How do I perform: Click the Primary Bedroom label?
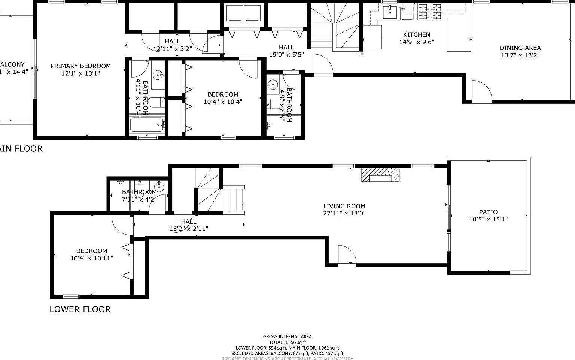pos(80,66)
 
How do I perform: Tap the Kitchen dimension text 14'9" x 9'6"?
pos(417,42)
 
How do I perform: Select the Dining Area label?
pos(520,48)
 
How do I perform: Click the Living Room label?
pos(344,206)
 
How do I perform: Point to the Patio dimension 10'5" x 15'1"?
pos(488,220)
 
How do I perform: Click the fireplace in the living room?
pos(380,175)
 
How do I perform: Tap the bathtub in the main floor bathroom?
pos(147,125)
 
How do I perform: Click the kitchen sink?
pos(390,12)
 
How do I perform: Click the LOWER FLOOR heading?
pos(80,309)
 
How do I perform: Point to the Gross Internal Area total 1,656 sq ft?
pos(287,342)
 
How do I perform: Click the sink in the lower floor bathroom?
pos(159,186)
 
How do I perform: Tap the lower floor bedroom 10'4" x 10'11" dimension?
pos(91,258)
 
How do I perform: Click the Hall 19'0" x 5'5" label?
pos(286,48)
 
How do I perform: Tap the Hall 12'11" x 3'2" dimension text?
pos(172,48)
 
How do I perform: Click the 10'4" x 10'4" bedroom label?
pos(223,94)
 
